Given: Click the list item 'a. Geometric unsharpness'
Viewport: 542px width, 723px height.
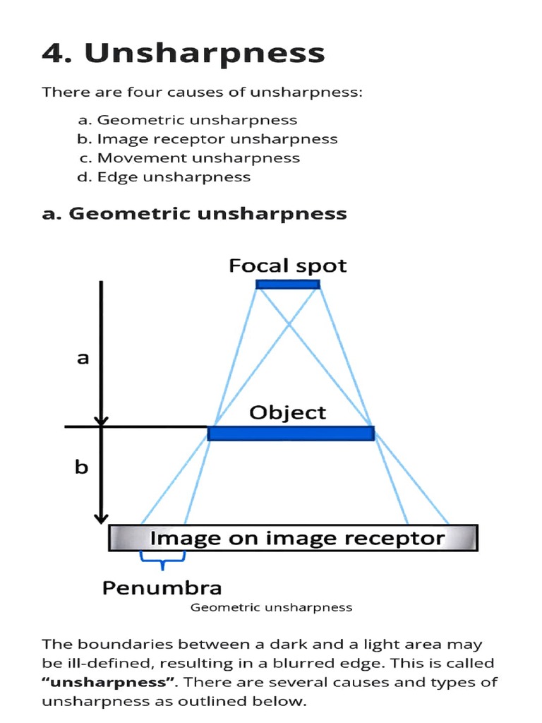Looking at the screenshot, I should (188, 120).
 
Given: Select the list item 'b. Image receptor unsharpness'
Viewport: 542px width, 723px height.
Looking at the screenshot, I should (207, 139).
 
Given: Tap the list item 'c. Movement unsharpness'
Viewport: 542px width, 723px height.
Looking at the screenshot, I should (189, 158).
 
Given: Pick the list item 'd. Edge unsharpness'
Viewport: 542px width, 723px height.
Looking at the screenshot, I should (164, 177).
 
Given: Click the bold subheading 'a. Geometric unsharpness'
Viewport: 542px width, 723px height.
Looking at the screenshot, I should (195, 213).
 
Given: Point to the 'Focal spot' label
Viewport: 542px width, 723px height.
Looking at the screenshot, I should (287, 266).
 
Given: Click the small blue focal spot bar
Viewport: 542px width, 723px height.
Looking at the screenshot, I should (288, 285).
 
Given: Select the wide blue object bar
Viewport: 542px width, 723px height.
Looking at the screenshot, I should (291, 433).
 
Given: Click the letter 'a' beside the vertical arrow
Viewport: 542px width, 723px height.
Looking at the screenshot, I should (83, 358).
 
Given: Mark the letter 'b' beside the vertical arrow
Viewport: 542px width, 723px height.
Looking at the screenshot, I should (82, 467).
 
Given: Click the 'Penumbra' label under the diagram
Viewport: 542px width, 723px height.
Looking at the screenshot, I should (162, 587).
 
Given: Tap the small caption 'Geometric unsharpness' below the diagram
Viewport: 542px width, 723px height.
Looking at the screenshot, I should (272, 607).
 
